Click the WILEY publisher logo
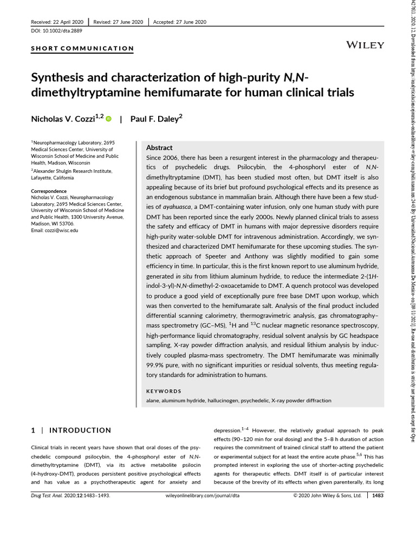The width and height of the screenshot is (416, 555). pyautogui.click(x=365, y=45)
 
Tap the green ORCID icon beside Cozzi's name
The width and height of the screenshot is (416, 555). pyautogui.click(x=108, y=119)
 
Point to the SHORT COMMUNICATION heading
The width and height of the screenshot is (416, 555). pyautogui.click(x=82, y=48)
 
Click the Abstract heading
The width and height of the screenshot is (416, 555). pyautogui.click(x=159, y=147)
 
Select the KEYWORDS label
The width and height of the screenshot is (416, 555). pyautogui.click(x=164, y=391)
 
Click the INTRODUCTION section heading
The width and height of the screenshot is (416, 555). pyautogui.click(x=80, y=430)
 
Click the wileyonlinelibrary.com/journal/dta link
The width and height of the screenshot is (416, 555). pyautogui.click(x=201, y=495)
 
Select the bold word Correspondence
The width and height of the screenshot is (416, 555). pyautogui.click(x=49, y=191)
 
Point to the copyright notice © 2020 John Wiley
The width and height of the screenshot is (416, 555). pyautogui.click(x=327, y=495)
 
